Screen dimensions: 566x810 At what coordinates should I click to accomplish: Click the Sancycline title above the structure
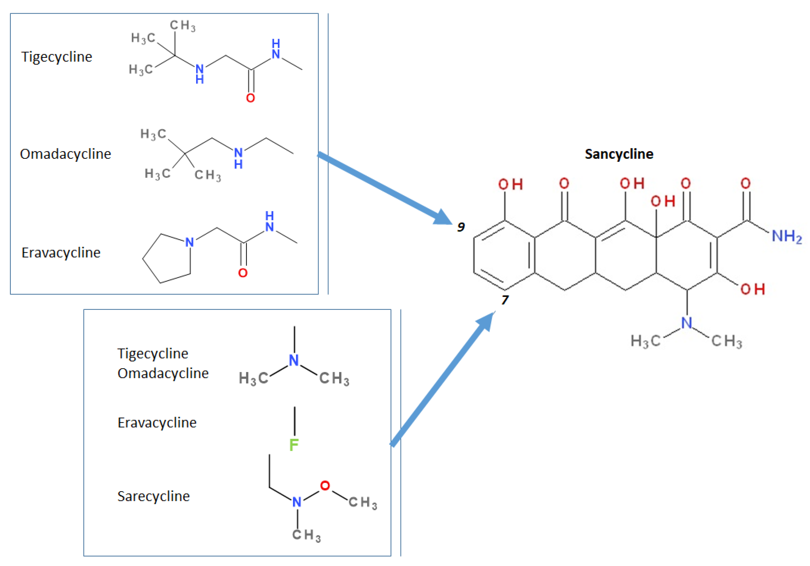coord(619,154)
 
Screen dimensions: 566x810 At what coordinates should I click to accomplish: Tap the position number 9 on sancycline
coord(461,227)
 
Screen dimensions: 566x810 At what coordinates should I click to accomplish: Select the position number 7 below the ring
coord(505,300)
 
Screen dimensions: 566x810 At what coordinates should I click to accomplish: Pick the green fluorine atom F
coord(294,445)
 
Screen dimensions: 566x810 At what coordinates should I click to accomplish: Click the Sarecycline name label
coord(154,496)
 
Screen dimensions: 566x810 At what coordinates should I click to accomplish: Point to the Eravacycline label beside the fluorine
coord(157,423)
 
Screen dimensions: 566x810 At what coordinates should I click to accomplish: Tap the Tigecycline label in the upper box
coord(57,57)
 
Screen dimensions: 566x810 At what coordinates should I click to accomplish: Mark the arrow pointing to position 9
coord(385,189)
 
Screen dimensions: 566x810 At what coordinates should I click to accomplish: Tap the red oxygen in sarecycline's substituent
coord(325,486)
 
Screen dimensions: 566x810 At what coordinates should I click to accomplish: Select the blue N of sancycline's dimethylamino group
coord(687,323)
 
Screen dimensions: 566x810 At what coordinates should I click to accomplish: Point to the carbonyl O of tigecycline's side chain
coord(251,98)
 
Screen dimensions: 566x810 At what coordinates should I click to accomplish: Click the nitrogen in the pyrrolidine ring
coord(189,242)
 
